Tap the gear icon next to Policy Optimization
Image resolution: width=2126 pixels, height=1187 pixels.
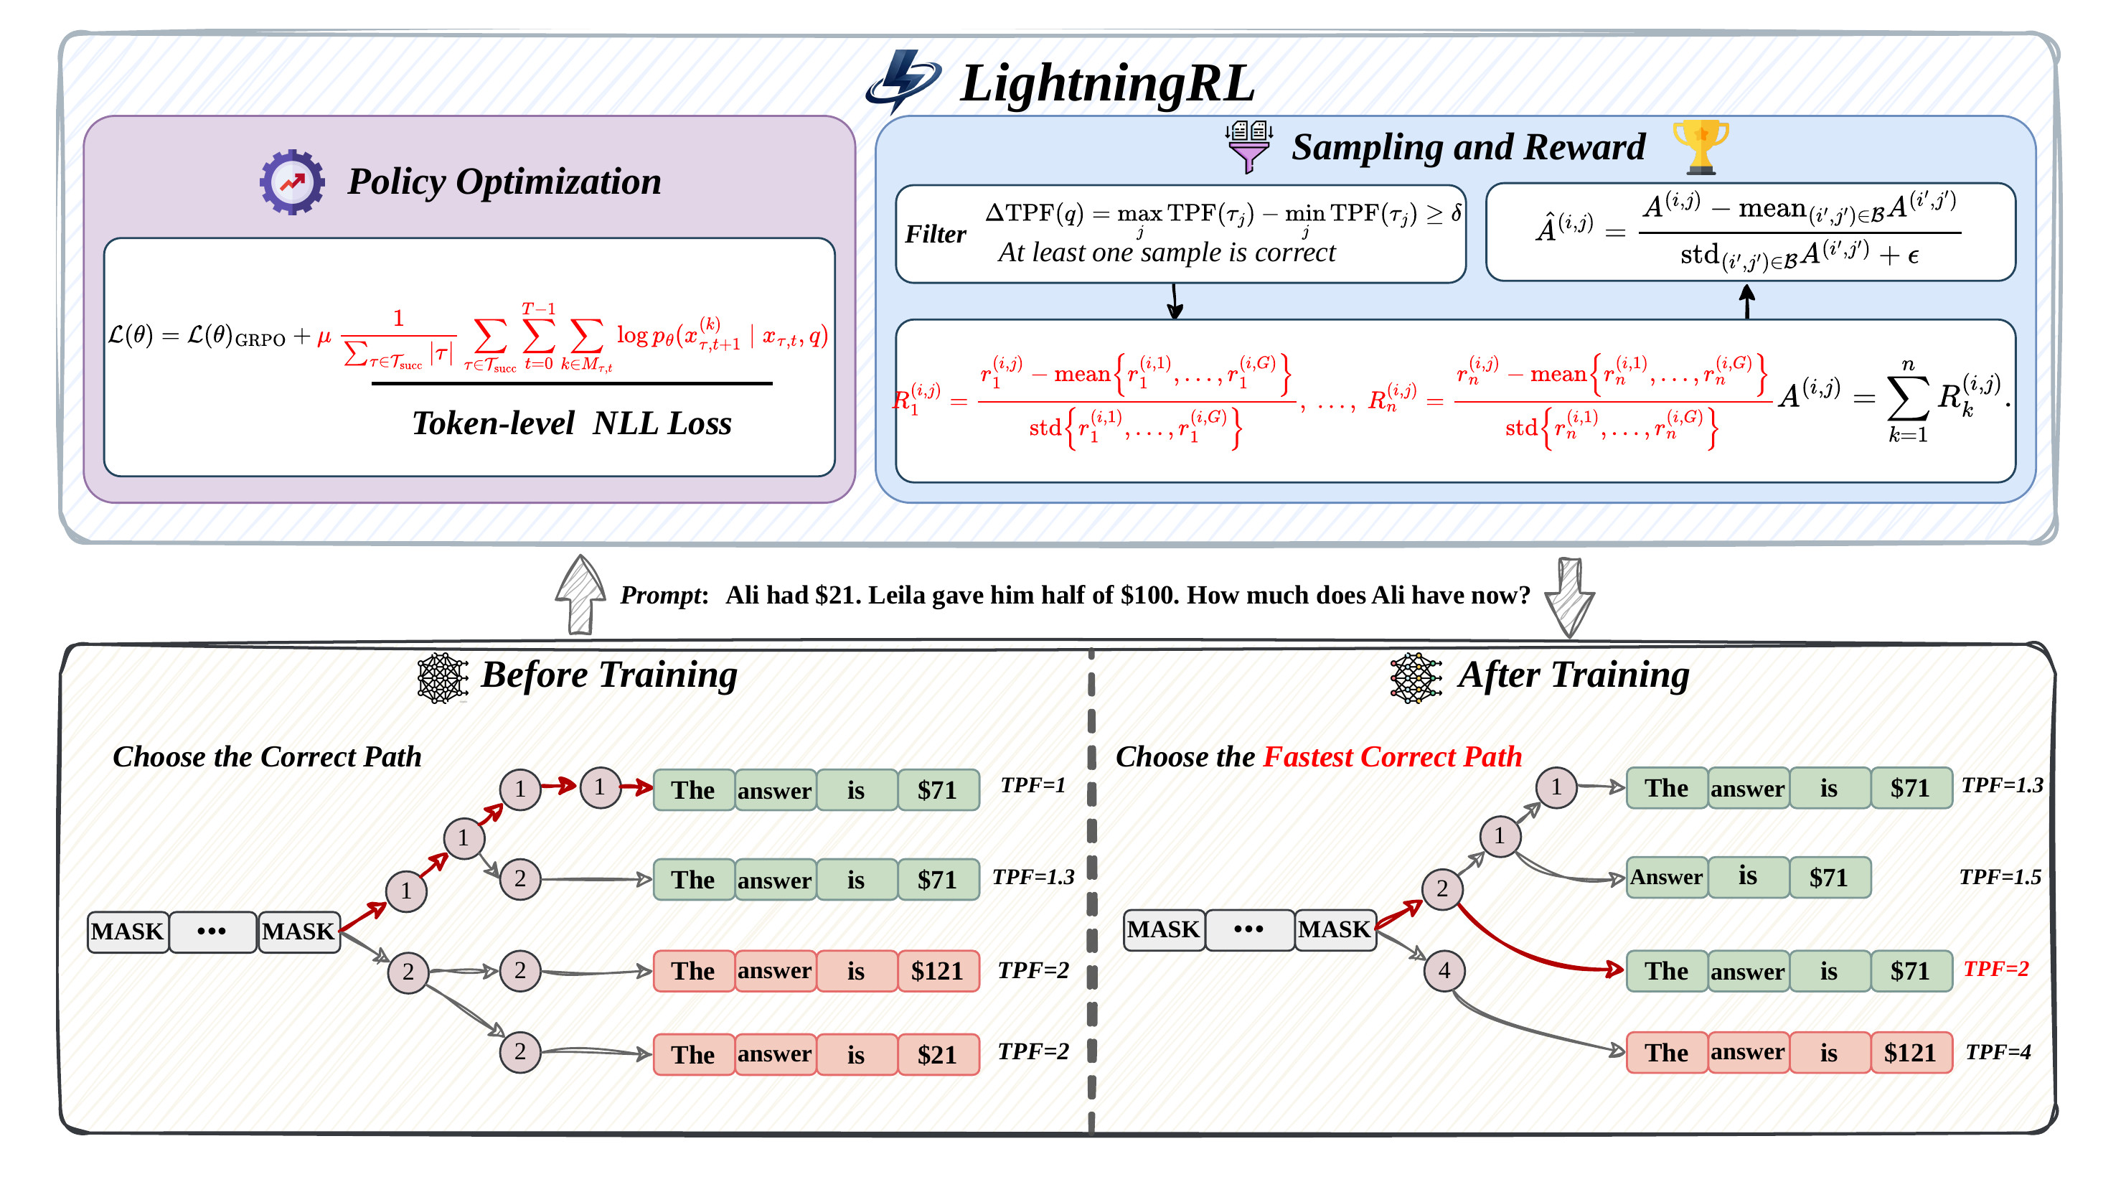pos(291,182)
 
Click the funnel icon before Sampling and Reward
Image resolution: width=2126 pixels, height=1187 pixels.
pos(1248,147)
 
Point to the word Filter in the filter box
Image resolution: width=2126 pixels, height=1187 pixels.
pos(935,235)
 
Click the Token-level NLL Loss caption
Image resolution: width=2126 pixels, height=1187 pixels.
pos(571,423)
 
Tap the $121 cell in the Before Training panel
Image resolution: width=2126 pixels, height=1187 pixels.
pos(937,971)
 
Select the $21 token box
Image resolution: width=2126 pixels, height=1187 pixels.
pos(937,1055)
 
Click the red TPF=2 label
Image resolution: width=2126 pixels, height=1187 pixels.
pos(1995,968)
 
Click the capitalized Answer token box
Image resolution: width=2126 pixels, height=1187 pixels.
pos(1665,878)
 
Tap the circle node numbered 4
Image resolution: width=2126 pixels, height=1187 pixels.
pos(1444,971)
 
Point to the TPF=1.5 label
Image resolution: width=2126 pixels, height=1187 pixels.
pos(2000,878)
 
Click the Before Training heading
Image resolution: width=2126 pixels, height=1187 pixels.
pos(609,675)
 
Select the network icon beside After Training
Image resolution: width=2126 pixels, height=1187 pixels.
pos(1416,677)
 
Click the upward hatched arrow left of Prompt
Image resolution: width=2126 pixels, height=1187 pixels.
pos(580,595)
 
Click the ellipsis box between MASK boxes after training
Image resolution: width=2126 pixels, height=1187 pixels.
pos(1248,930)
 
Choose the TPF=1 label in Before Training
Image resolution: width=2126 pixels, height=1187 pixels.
pos(1033,785)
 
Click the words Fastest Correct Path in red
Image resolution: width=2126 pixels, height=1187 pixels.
pos(1392,757)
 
